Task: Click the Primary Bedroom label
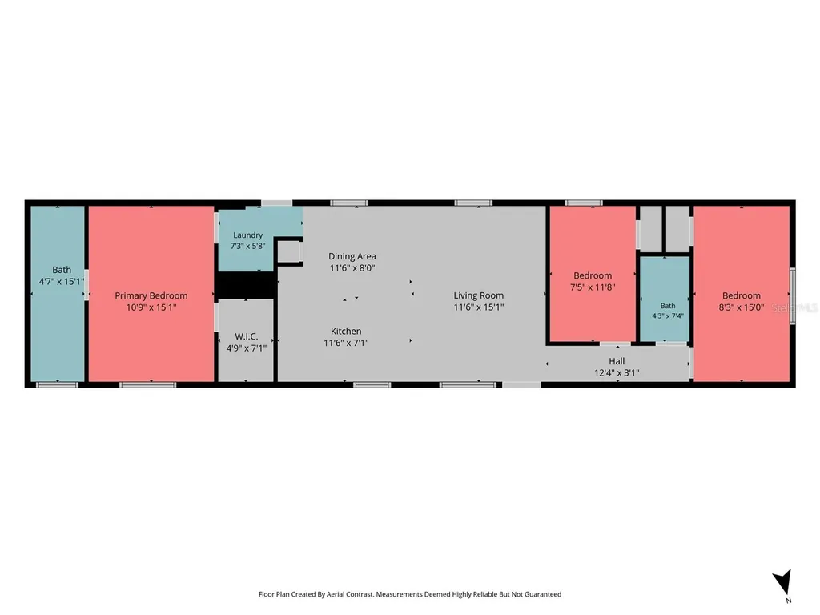pos(151,296)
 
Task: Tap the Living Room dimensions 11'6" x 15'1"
pos(479,307)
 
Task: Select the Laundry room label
pos(248,235)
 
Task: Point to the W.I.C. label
pos(247,336)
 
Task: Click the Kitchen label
pos(346,331)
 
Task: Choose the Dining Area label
pos(352,256)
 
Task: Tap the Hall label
pos(617,361)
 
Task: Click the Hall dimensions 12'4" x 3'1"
pos(617,373)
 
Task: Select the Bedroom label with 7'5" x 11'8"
pos(593,275)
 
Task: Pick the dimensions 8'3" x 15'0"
pos(741,307)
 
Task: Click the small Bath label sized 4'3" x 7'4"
pos(668,306)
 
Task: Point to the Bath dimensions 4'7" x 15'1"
pos(61,282)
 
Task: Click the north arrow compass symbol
pos(783,583)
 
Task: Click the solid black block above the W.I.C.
pos(246,285)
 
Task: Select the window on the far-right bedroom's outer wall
pos(793,295)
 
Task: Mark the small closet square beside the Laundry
pos(288,251)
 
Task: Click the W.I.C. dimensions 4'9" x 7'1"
pos(247,348)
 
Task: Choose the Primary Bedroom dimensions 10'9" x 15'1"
pos(151,307)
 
